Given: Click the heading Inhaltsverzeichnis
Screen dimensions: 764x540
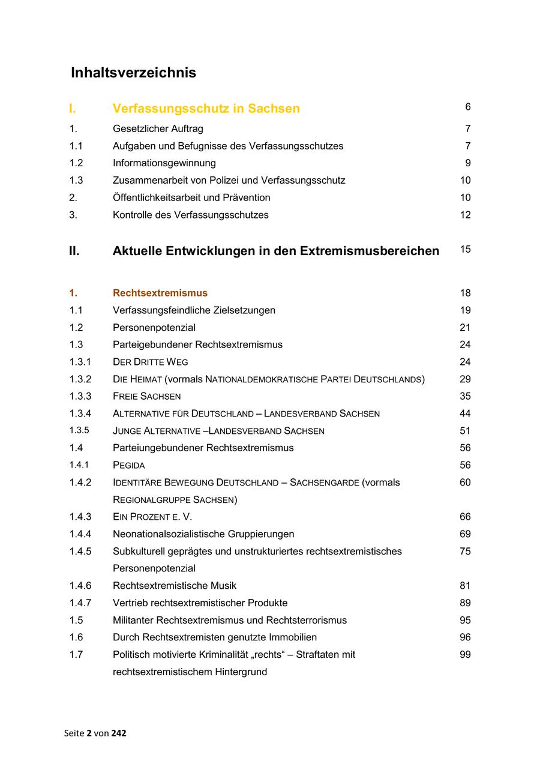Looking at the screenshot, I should [133, 73].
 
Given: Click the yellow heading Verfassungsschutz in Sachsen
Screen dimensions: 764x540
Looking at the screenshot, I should [206, 109].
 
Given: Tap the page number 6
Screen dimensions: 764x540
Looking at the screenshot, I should [467, 107].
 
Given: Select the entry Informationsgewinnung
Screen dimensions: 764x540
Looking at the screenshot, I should [164, 163].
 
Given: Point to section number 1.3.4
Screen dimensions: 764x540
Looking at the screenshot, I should [80, 414].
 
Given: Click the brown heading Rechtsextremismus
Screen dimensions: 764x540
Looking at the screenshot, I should [160, 293].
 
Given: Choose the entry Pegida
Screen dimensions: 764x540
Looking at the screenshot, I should [128, 465].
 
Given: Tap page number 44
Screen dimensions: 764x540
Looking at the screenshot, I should [465, 414].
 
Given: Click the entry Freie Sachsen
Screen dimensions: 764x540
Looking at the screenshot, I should [146, 396].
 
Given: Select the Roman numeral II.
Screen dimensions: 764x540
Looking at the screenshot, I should [74, 251].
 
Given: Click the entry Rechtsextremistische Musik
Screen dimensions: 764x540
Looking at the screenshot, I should [175, 586].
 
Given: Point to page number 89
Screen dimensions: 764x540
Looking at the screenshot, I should [465, 603].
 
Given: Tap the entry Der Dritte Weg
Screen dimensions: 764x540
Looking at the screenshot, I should [150, 362].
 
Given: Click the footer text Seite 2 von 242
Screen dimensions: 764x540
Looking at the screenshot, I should [95, 733].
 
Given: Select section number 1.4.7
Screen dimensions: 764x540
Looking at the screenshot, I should [80, 603].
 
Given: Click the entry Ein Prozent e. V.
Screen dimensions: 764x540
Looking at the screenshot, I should [152, 517].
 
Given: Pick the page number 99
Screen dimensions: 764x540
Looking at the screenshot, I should [465, 655].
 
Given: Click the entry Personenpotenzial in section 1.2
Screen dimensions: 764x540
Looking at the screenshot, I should [154, 328].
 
